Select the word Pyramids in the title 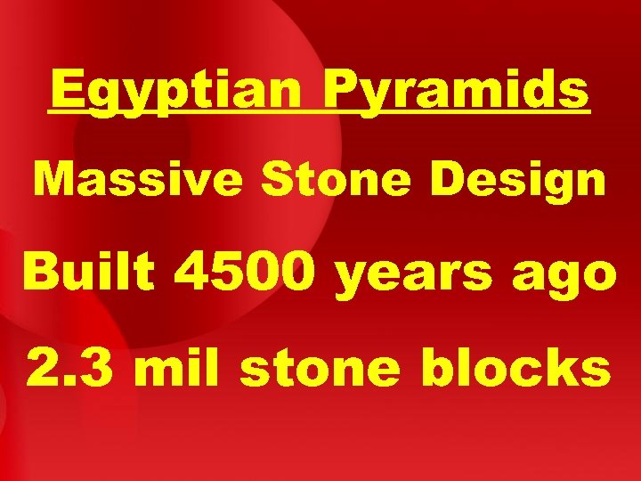click(x=456, y=91)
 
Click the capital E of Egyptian click(x=67, y=90)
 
